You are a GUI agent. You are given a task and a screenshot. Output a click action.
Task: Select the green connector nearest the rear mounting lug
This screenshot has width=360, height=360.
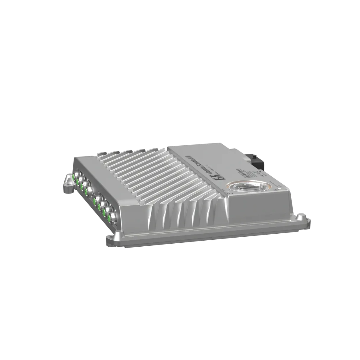tap(73, 177)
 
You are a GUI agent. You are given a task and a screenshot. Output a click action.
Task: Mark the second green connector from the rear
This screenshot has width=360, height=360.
tap(77, 182)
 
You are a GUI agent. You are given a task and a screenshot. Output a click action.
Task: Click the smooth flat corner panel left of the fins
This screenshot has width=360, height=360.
tap(84, 160)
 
